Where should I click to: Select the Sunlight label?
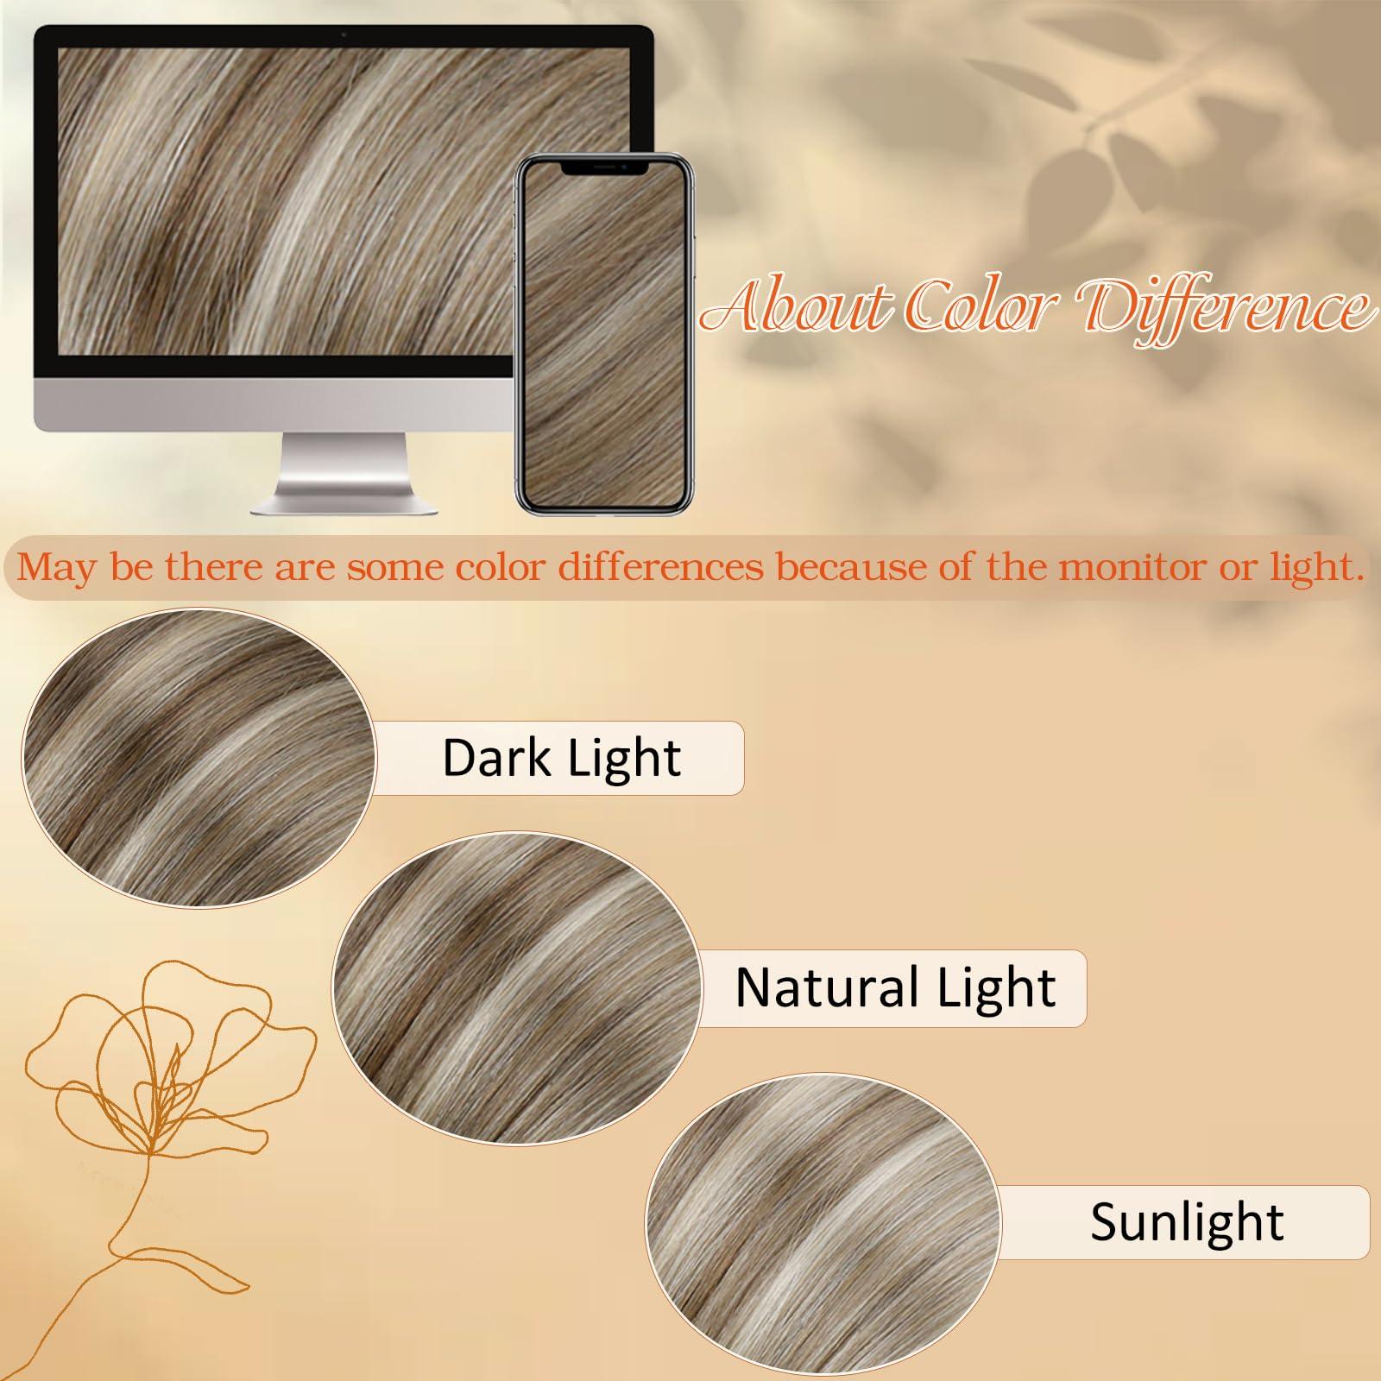coord(1187,1221)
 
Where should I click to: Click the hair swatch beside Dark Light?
coord(199,758)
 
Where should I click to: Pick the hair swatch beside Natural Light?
coord(515,987)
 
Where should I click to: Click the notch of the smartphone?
coord(604,167)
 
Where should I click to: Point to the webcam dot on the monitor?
coord(344,35)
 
